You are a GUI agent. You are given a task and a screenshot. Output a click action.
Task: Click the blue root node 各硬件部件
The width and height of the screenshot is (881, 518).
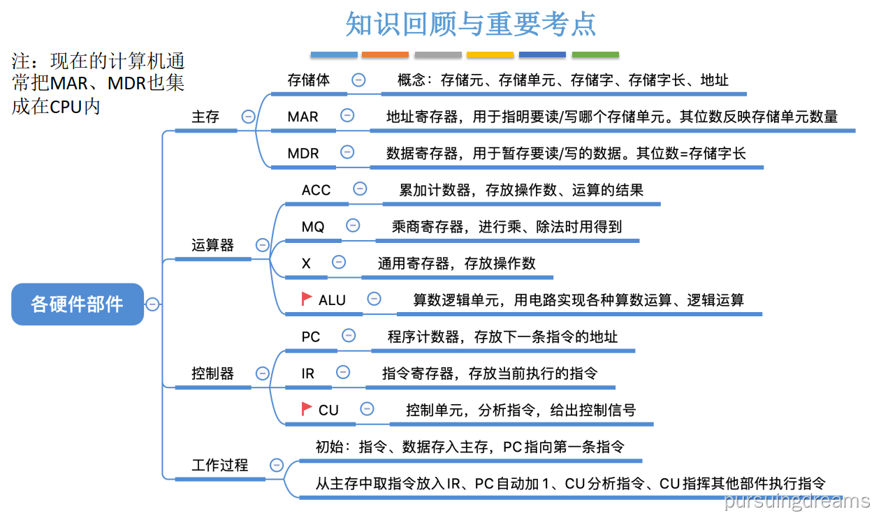click(x=77, y=304)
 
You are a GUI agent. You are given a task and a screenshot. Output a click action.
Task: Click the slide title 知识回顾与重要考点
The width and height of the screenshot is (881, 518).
click(x=471, y=24)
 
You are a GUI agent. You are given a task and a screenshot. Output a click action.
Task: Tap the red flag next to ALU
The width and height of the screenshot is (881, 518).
click(x=306, y=299)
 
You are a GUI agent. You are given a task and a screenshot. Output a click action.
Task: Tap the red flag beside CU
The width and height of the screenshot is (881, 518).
click(x=306, y=409)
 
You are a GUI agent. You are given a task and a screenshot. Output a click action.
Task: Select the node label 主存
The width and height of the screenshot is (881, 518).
click(x=205, y=117)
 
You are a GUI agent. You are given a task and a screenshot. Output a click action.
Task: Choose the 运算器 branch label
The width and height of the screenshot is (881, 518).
click(x=213, y=245)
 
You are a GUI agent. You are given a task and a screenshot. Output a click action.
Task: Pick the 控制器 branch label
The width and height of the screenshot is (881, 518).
click(x=213, y=373)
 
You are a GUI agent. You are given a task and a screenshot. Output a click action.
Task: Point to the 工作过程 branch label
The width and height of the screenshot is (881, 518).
click(x=220, y=465)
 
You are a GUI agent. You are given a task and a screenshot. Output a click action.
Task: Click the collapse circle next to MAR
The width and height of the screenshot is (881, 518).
click(x=347, y=116)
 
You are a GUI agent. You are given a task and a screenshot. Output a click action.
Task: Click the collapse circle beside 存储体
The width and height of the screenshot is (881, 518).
click(x=358, y=80)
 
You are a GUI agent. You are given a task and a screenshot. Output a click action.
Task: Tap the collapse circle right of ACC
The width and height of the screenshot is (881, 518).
click(x=360, y=188)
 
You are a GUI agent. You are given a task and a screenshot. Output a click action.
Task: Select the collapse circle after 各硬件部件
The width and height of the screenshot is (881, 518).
click(x=152, y=304)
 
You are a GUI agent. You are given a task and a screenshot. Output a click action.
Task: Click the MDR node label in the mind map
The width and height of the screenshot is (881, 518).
click(x=303, y=153)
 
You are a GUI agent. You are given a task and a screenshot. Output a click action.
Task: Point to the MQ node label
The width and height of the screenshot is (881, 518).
click(x=313, y=226)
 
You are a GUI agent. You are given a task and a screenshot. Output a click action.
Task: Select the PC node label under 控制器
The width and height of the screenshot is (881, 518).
click(x=311, y=336)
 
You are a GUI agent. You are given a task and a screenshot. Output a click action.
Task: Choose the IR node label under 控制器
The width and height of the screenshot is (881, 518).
click(x=308, y=373)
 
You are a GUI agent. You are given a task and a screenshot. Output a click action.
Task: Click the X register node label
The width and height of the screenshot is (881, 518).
click(x=306, y=263)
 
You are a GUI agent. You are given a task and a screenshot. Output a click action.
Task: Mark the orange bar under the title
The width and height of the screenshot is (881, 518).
click(x=385, y=54)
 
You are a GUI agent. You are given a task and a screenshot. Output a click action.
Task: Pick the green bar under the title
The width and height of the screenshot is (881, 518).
click(x=595, y=54)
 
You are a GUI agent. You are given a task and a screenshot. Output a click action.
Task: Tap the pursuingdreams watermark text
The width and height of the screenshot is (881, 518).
click(x=797, y=501)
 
